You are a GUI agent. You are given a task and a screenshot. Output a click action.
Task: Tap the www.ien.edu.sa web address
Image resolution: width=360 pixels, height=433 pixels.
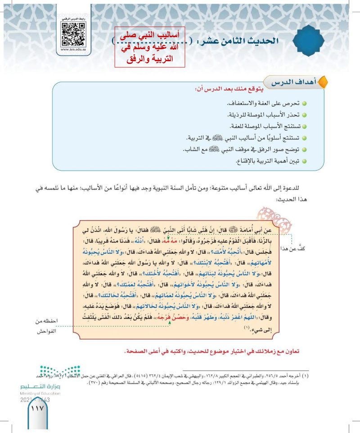[x=74, y=51]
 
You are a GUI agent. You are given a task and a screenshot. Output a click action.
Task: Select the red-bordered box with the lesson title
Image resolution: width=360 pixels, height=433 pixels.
[x=150, y=47]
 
